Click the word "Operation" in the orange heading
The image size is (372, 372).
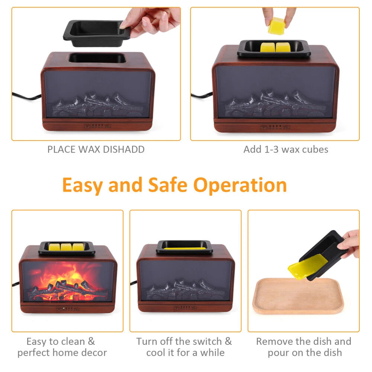coord(240,185)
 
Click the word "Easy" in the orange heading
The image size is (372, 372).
coord(83,185)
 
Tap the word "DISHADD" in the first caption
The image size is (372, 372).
coord(124,150)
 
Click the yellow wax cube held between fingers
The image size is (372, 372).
coord(276,26)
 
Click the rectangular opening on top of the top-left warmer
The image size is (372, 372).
coord(97,58)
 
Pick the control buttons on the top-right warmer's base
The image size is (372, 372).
coord(275,127)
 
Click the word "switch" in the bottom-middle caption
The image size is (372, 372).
coord(207,341)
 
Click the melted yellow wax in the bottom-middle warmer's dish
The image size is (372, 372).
coord(185,248)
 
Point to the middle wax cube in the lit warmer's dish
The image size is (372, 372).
coord(66,247)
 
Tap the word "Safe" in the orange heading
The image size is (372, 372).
coord(168,185)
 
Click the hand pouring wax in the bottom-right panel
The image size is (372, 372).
coord(349,243)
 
